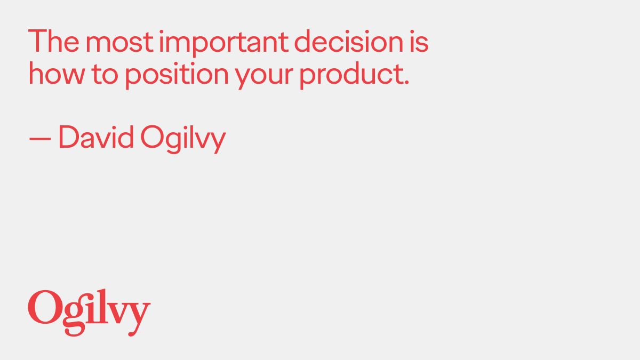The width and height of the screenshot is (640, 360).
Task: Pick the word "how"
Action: pos(56,75)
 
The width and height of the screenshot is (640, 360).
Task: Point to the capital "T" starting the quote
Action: pos(37,42)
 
